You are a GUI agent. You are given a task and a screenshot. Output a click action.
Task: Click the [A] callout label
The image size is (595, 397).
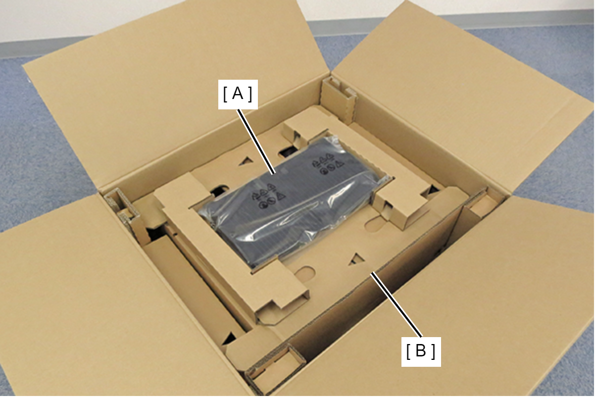tap(238, 94)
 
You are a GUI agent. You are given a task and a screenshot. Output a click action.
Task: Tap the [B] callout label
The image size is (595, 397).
tap(421, 351)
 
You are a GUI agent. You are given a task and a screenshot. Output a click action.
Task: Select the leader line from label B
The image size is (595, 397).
tap(397, 304)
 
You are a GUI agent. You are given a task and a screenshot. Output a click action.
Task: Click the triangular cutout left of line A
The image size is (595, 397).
tap(246, 161)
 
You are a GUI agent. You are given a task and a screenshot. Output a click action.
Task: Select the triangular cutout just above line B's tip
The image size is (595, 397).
tap(356, 259)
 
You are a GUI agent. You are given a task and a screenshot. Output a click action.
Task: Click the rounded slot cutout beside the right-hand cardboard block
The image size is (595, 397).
tap(375, 224)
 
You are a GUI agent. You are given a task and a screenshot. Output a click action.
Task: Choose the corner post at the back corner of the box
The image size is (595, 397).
tap(338, 101)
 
